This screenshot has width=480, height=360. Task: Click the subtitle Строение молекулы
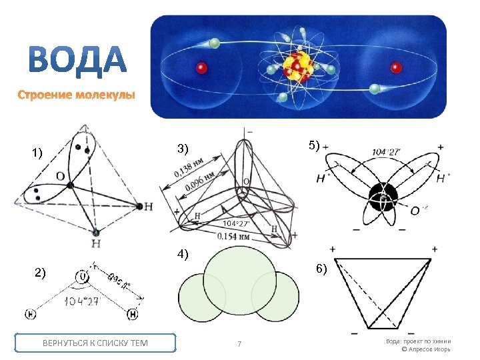76,95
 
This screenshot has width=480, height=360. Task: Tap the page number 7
239,344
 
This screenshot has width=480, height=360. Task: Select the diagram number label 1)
37,153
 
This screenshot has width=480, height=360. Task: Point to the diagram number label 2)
40,272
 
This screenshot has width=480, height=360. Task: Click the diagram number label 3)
182,147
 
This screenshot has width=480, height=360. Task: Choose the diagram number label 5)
314,145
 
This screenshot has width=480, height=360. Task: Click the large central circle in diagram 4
239,280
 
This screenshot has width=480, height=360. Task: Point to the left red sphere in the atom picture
200,67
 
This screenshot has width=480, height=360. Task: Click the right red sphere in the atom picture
396,67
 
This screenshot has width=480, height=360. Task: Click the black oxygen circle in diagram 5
383,195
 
